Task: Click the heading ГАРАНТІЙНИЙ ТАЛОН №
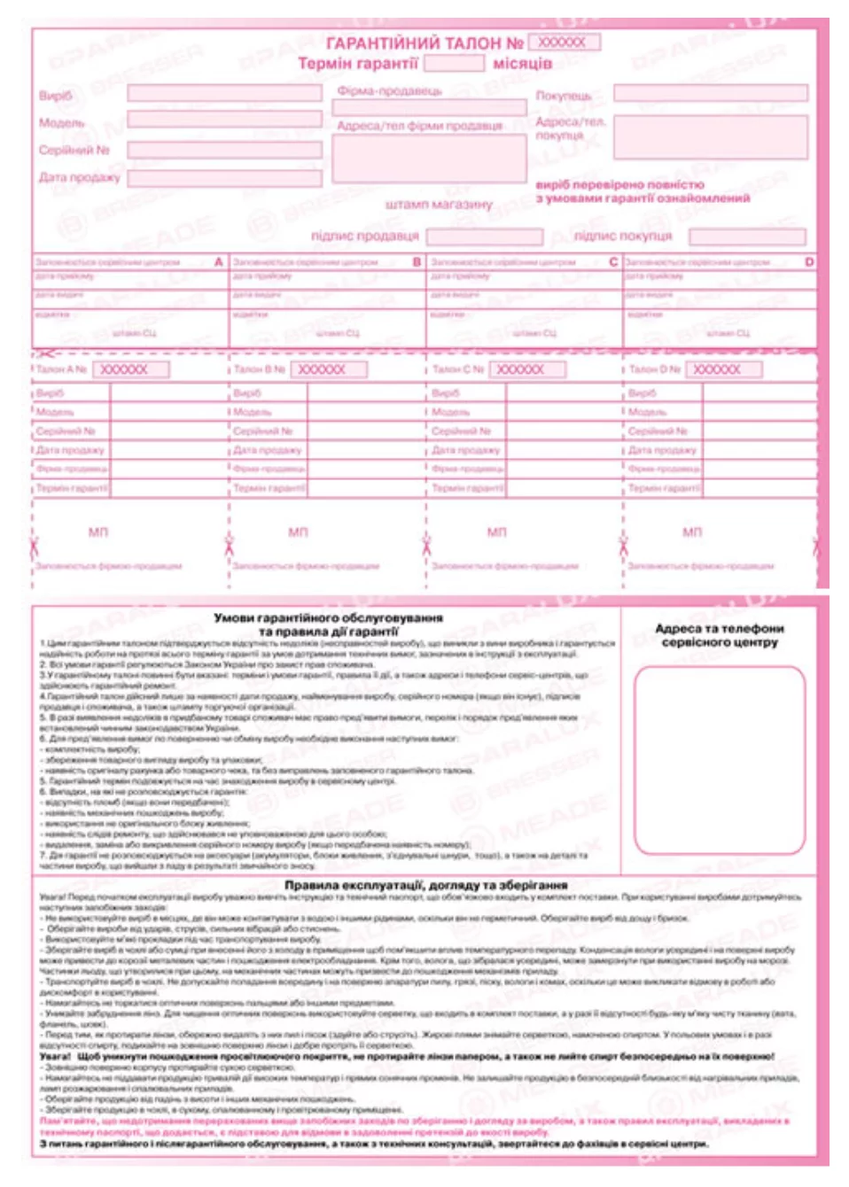[424, 43]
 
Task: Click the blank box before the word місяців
[454, 64]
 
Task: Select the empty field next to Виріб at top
[224, 94]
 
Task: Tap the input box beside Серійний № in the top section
[224, 150]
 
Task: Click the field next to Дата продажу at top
[224, 177]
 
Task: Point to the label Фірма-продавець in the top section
[389, 91]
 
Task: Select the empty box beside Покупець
[711, 93]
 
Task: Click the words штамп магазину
[438, 205]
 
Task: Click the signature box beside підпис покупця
[747, 237]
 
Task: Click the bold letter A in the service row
[219, 262]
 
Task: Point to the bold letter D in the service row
[809, 262]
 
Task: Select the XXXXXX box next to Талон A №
[130, 369]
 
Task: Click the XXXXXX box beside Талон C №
[527, 369]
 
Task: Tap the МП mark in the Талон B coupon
[298, 531]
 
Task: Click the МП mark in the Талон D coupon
[692, 531]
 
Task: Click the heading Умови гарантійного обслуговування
[328, 617]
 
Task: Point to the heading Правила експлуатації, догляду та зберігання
[425, 885]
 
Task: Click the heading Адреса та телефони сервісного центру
[719, 634]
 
